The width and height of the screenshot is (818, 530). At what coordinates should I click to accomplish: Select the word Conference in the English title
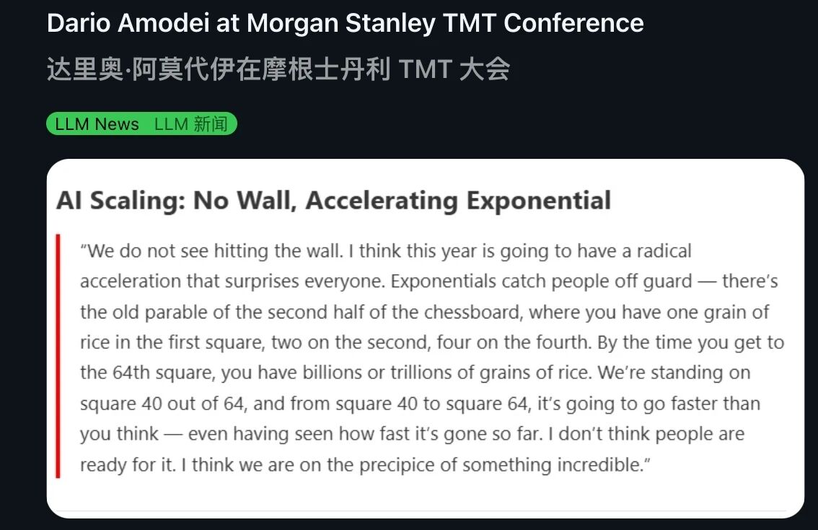coord(573,24)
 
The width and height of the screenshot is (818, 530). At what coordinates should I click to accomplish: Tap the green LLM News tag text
coord(97,124)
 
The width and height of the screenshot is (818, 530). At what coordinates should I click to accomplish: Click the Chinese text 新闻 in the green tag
coord(210,124)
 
